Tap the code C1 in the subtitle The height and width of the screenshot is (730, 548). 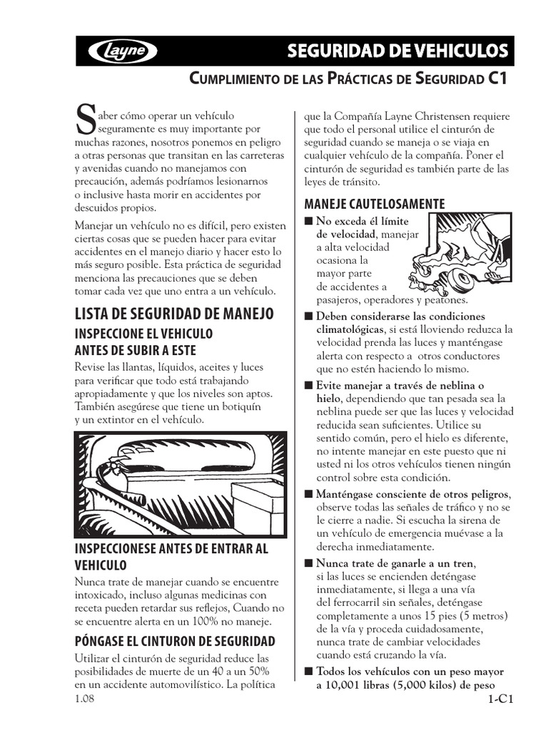coord(498,78)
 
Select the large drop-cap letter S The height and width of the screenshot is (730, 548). coord(84,119)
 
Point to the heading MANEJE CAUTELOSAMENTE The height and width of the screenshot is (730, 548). coord(374,204)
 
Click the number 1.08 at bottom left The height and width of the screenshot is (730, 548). coord(84,699)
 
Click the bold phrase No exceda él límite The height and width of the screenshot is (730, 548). coord(362,220)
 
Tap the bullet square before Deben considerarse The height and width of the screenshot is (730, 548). coord(308,316)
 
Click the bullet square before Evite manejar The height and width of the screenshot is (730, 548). coord(308,385)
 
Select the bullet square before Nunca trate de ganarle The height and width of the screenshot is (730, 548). coord(308,564)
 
